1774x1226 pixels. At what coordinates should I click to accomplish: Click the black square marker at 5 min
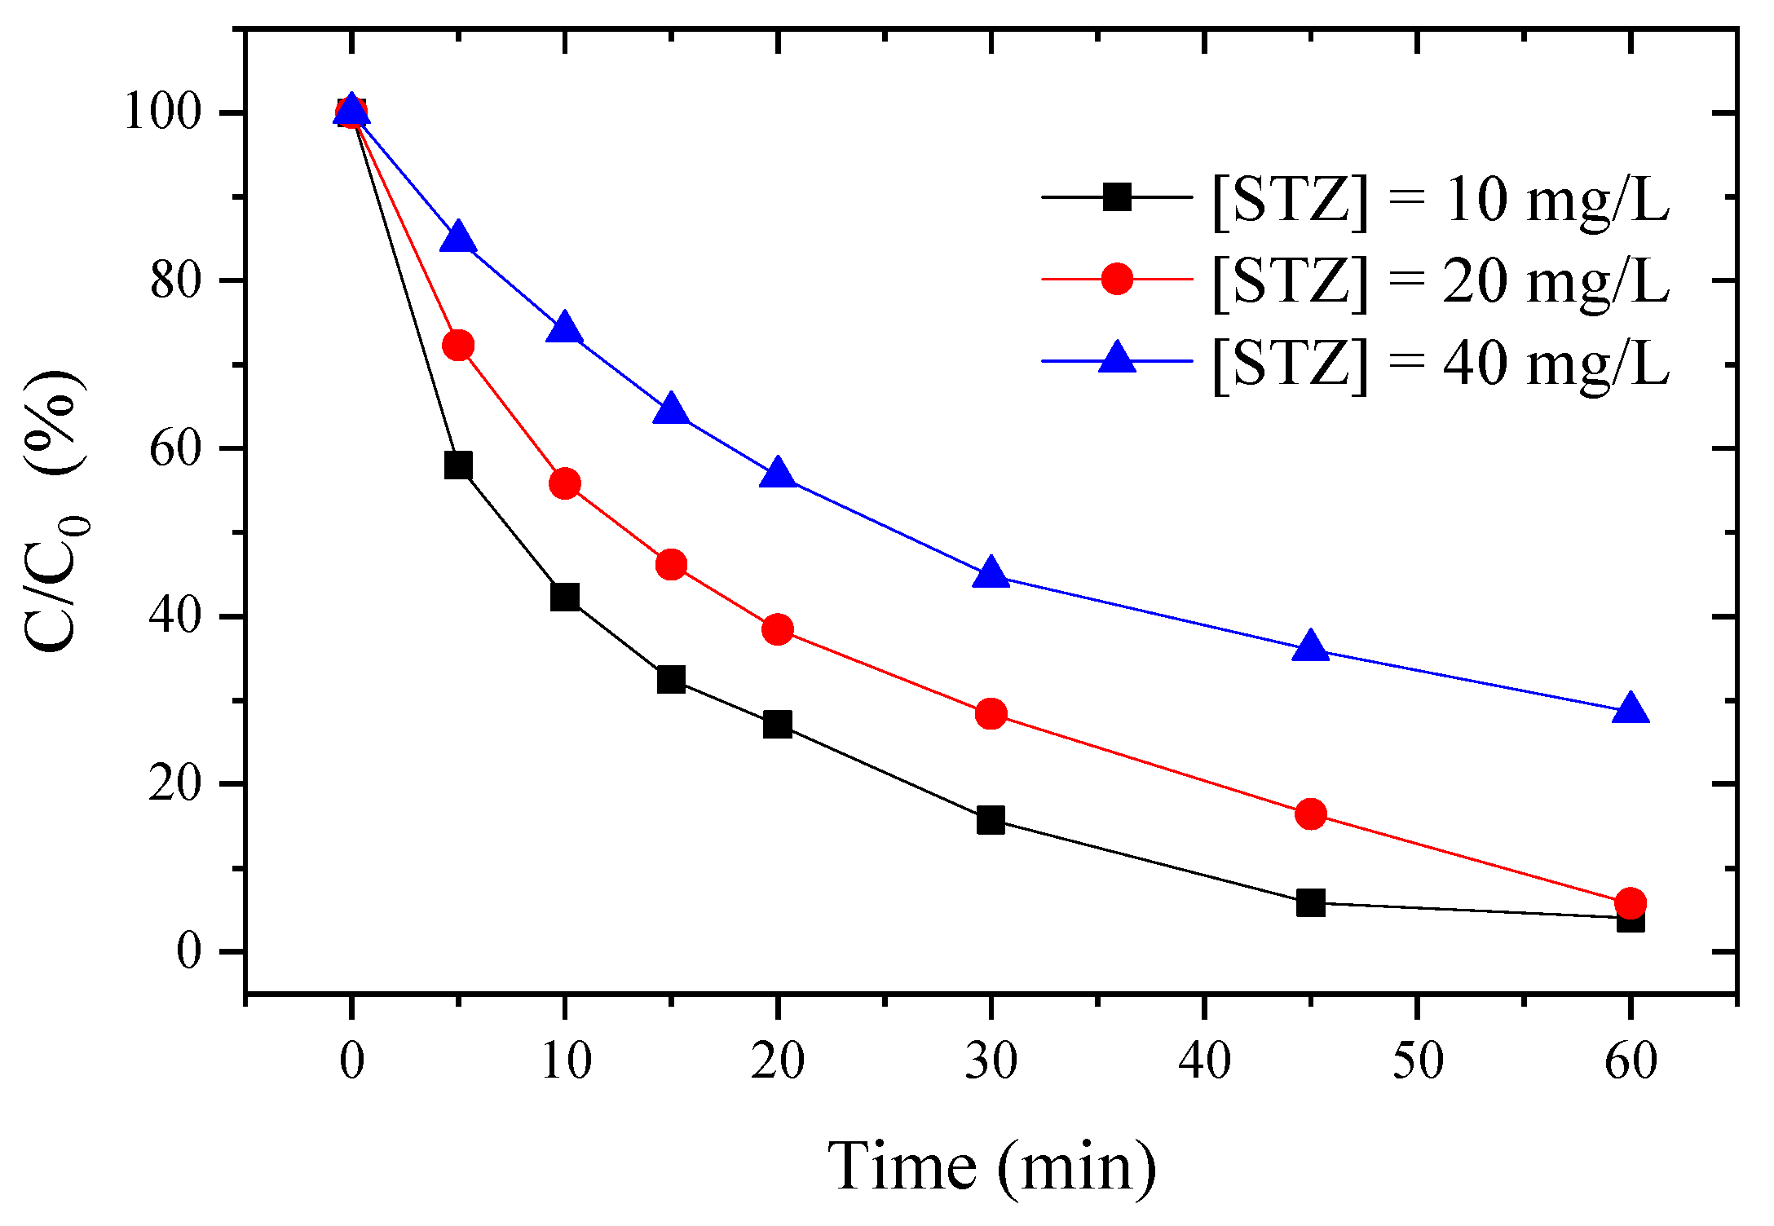[458, 465]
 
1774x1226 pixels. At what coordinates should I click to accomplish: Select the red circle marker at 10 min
[565, 484]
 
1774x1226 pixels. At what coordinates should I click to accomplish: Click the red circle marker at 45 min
[1310, 814]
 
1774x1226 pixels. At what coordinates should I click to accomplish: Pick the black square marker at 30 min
[991, 819]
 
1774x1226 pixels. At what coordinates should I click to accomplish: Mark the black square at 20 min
[778, 724]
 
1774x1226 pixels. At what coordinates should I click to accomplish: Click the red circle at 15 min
[671, 564]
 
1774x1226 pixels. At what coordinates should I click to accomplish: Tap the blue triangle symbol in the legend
[1117, 359]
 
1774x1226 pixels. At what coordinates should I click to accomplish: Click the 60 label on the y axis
[174, 448]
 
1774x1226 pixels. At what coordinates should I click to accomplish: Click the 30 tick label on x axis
[991, 1061]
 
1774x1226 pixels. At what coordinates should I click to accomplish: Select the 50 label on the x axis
[1417, 1061]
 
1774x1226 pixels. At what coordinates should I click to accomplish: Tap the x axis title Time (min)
[991, 1167]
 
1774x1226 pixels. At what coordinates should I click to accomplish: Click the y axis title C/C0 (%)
[55, 509]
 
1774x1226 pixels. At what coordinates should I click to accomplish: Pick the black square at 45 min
[1310, 903]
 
